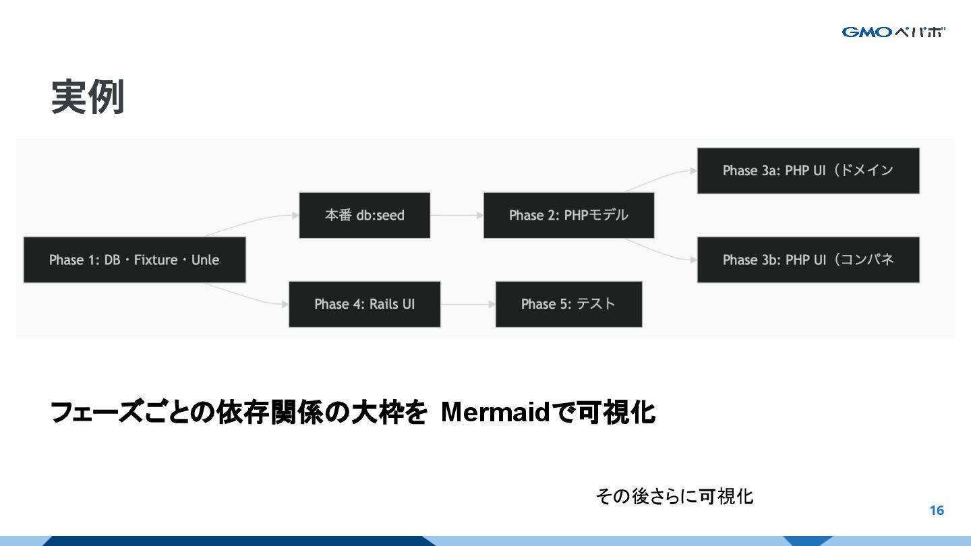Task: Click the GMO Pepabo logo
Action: (893, 32)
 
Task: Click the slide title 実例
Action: (88, 97)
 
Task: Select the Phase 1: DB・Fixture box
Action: (134, 260)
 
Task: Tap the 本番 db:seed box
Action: (364, 215)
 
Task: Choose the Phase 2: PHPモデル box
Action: (568, 215)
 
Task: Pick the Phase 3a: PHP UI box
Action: (808, 171)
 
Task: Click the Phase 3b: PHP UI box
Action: (808, 260)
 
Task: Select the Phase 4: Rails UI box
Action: (364, 304)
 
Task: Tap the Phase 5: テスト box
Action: (568, 304)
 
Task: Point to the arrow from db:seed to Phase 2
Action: (457, 215)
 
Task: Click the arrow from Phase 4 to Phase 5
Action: (467, 304)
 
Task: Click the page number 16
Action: (937, 510)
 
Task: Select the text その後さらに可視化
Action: (674, 497)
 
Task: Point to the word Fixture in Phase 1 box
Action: (156, 260)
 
